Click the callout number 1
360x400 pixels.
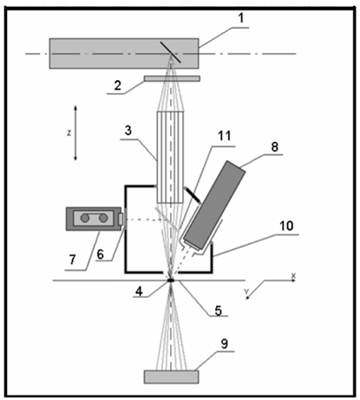(x=241, y=18)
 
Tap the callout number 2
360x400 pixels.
(x=118, y=85)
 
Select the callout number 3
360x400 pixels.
(x=128, y=131)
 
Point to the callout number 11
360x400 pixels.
(x=224, y=136)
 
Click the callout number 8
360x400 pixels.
(x=275, y=147)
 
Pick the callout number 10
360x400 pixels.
(x=286, y=226)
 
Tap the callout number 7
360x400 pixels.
(x=72, y=259)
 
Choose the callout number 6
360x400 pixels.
(x=100, y=254)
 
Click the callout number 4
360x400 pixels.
(x=139, y=291)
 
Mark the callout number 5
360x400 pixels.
(x=218, y=310)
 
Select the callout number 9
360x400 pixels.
(x=224, y=344)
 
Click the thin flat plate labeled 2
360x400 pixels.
(x=172, y=78)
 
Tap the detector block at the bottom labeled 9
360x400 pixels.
(x=172, y=376)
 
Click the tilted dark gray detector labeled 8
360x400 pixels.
(x=213, y=206)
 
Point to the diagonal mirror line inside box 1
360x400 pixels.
(x=171, y=52)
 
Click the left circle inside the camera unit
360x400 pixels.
(x=85, y=218)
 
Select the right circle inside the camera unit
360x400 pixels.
(x=103, y=218)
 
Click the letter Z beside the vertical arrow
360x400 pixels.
(x=69, y=133)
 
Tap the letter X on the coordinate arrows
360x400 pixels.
(x=294, y=275)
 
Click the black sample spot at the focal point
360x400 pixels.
(x=171, y=281)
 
